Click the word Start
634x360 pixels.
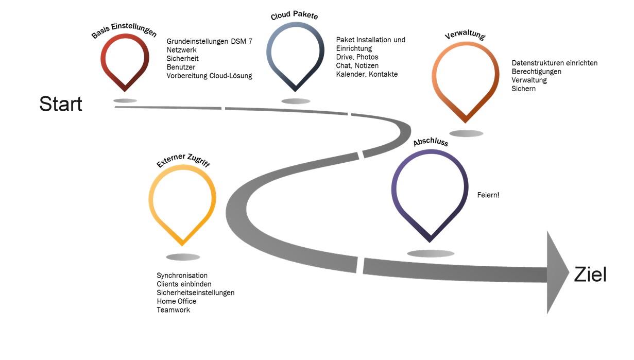tap(61, 104)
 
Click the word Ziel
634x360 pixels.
tap(590, 274)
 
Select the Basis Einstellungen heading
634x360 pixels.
tap(124, 30)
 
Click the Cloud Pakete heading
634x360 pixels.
tap(295, 15)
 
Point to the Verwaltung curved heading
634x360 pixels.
tap(465, 34)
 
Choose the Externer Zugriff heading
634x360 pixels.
tap(183, 160)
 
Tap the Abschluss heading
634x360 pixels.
tap(431, 142)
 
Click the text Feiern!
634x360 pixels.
tap(488, 195)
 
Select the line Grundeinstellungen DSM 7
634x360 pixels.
tap(209, 41)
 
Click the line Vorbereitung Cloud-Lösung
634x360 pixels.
tap(209, 76)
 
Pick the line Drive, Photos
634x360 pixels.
tap(357, 57)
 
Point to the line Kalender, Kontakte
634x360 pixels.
tap(367, 74)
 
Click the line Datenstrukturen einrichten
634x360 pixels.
tap(555, 63)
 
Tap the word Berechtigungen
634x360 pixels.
tap(536, 72)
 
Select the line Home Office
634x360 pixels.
tap(176, 301)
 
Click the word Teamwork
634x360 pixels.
tap(173, 310)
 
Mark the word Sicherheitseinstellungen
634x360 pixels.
tap(196, 293)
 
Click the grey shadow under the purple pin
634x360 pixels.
tap(431, 253)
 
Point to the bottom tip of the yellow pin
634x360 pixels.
tap(182, 245)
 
